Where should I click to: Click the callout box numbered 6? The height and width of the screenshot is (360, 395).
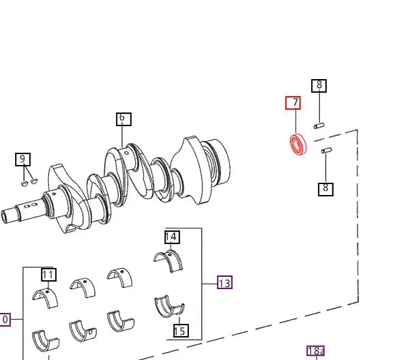tap(123, 119)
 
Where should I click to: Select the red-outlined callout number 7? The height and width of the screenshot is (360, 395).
tap(293, 103)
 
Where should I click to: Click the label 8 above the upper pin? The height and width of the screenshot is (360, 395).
tap(319, 86)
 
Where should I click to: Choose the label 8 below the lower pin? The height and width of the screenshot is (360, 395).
tap(325, 190)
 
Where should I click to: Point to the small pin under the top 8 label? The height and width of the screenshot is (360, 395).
tap(319, 125)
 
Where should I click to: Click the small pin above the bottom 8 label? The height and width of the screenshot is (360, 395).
tap(327, 151)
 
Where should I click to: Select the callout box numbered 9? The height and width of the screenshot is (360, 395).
tap(23, 160)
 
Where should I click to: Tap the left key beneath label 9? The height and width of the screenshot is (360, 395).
tap(24, 183)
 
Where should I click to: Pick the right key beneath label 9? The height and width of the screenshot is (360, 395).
tap(34, 181)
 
